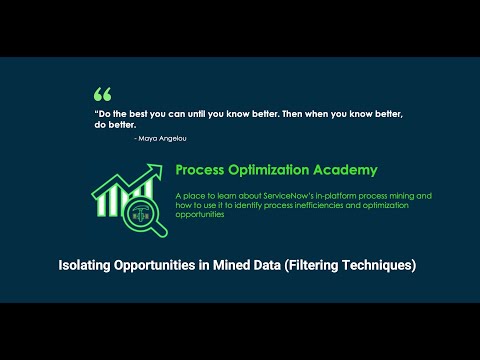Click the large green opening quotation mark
(102, 95)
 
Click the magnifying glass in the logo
(142, 213)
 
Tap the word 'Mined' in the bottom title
(222, 266)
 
